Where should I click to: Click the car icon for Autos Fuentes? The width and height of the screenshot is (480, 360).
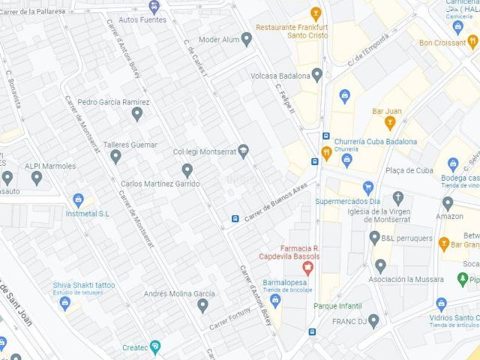pos(154,7)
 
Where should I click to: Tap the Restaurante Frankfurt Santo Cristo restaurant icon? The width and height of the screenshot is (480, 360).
pos(316,13)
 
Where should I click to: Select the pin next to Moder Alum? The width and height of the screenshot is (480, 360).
pos(246,39)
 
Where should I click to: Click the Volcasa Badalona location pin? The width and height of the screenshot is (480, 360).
pos(317,75)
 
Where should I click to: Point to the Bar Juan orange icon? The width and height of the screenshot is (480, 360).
pos(389,123)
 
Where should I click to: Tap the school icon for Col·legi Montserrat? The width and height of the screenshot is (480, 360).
pos(243,151)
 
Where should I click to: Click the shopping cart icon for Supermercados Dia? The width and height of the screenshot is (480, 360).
pos(367,187)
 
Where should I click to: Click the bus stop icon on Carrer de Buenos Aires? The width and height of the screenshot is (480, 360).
pos(235,219)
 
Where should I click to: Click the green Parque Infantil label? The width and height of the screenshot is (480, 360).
pos(337,306)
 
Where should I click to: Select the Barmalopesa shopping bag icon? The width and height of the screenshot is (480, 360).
pos(275,301)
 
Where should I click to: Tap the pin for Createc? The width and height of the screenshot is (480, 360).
pos(155,346)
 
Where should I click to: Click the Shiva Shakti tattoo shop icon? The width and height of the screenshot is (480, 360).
pos(64,303)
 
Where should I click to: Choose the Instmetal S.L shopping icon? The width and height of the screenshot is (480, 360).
pos(77,199)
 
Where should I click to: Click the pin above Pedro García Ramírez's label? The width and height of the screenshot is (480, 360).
pos(136,114)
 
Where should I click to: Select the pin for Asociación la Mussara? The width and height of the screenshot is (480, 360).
pos(380,265)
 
